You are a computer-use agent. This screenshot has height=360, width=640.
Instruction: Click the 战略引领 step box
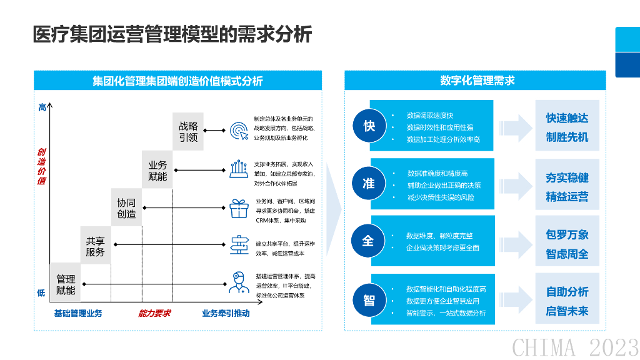click(x=188, y=131)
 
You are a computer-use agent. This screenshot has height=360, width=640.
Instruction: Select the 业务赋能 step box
click(x=157, y=170)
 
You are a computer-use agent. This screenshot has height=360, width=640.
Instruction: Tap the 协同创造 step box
click(x=127, y=208)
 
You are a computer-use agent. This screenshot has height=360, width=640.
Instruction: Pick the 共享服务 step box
click(x=96, y=246)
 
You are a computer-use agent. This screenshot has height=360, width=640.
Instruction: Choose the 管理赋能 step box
click(x=65, y=284)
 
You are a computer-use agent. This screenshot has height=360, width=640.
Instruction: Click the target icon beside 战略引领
click(x=239, y=131)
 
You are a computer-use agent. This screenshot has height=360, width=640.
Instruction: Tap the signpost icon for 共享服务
click(x=239, y=246)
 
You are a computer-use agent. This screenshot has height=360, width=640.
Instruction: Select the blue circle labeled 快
click(x=369, y=126)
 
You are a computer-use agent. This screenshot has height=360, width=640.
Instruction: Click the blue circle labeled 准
click(x=369, y=183)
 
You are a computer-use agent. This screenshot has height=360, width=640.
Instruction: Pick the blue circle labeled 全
click(x=369, y=241)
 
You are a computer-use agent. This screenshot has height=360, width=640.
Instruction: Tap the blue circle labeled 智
click(x=369, y=299)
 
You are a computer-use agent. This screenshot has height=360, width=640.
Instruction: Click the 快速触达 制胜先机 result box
click(x=567, y=127)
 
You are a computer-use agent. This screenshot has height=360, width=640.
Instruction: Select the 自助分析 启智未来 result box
click(x=567, y=301)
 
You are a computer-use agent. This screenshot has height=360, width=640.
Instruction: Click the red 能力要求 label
click(x=154, y=313)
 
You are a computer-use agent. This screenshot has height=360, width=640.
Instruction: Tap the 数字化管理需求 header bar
click(x=477, y=81)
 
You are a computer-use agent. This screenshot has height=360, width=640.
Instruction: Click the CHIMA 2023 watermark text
click(x=575, y=346)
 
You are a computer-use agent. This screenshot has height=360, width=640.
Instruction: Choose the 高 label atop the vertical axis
click(x=42, y=107)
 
